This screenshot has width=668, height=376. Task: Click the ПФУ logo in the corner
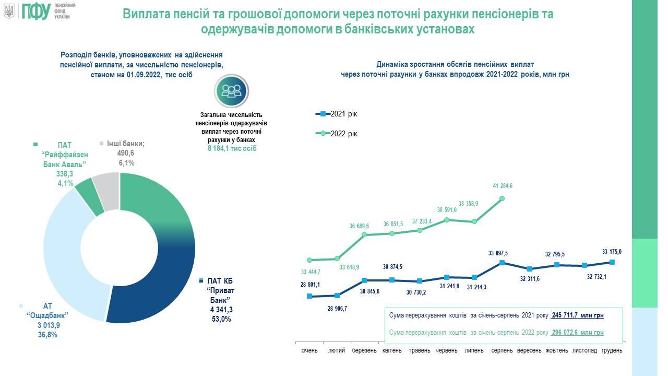tap(35, 11)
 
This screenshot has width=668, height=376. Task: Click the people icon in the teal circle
tap(232, 90)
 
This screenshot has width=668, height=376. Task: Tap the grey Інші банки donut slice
tap(107, 191)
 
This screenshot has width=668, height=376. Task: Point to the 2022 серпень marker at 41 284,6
tap(502, 198)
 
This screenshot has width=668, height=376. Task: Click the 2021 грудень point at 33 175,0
tap(612, 262)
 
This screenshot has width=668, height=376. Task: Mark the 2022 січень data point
tap(309, 260)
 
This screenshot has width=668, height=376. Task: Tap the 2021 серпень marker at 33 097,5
tap(502, 263)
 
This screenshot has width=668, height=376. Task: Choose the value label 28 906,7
tap(337, 309)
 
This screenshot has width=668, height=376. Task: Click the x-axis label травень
tap(420, 350)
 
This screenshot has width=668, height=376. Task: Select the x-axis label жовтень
tap(557, 350)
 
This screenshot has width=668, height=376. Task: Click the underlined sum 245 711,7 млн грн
tap(577, 316)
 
